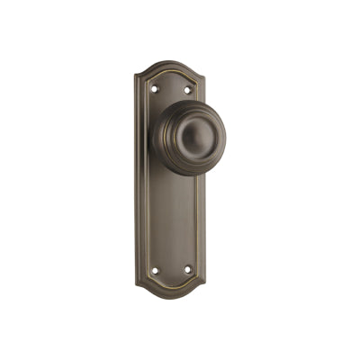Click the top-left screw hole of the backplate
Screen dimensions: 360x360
point(155,88)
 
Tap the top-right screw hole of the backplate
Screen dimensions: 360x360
point(188,88)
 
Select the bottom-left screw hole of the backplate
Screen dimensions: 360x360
point(155,269)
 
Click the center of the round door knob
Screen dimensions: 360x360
point(190,135)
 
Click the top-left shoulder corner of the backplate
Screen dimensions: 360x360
point(138,76)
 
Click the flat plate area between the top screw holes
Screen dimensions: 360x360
point(171,88)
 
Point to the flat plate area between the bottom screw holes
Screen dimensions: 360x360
point(171,269)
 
